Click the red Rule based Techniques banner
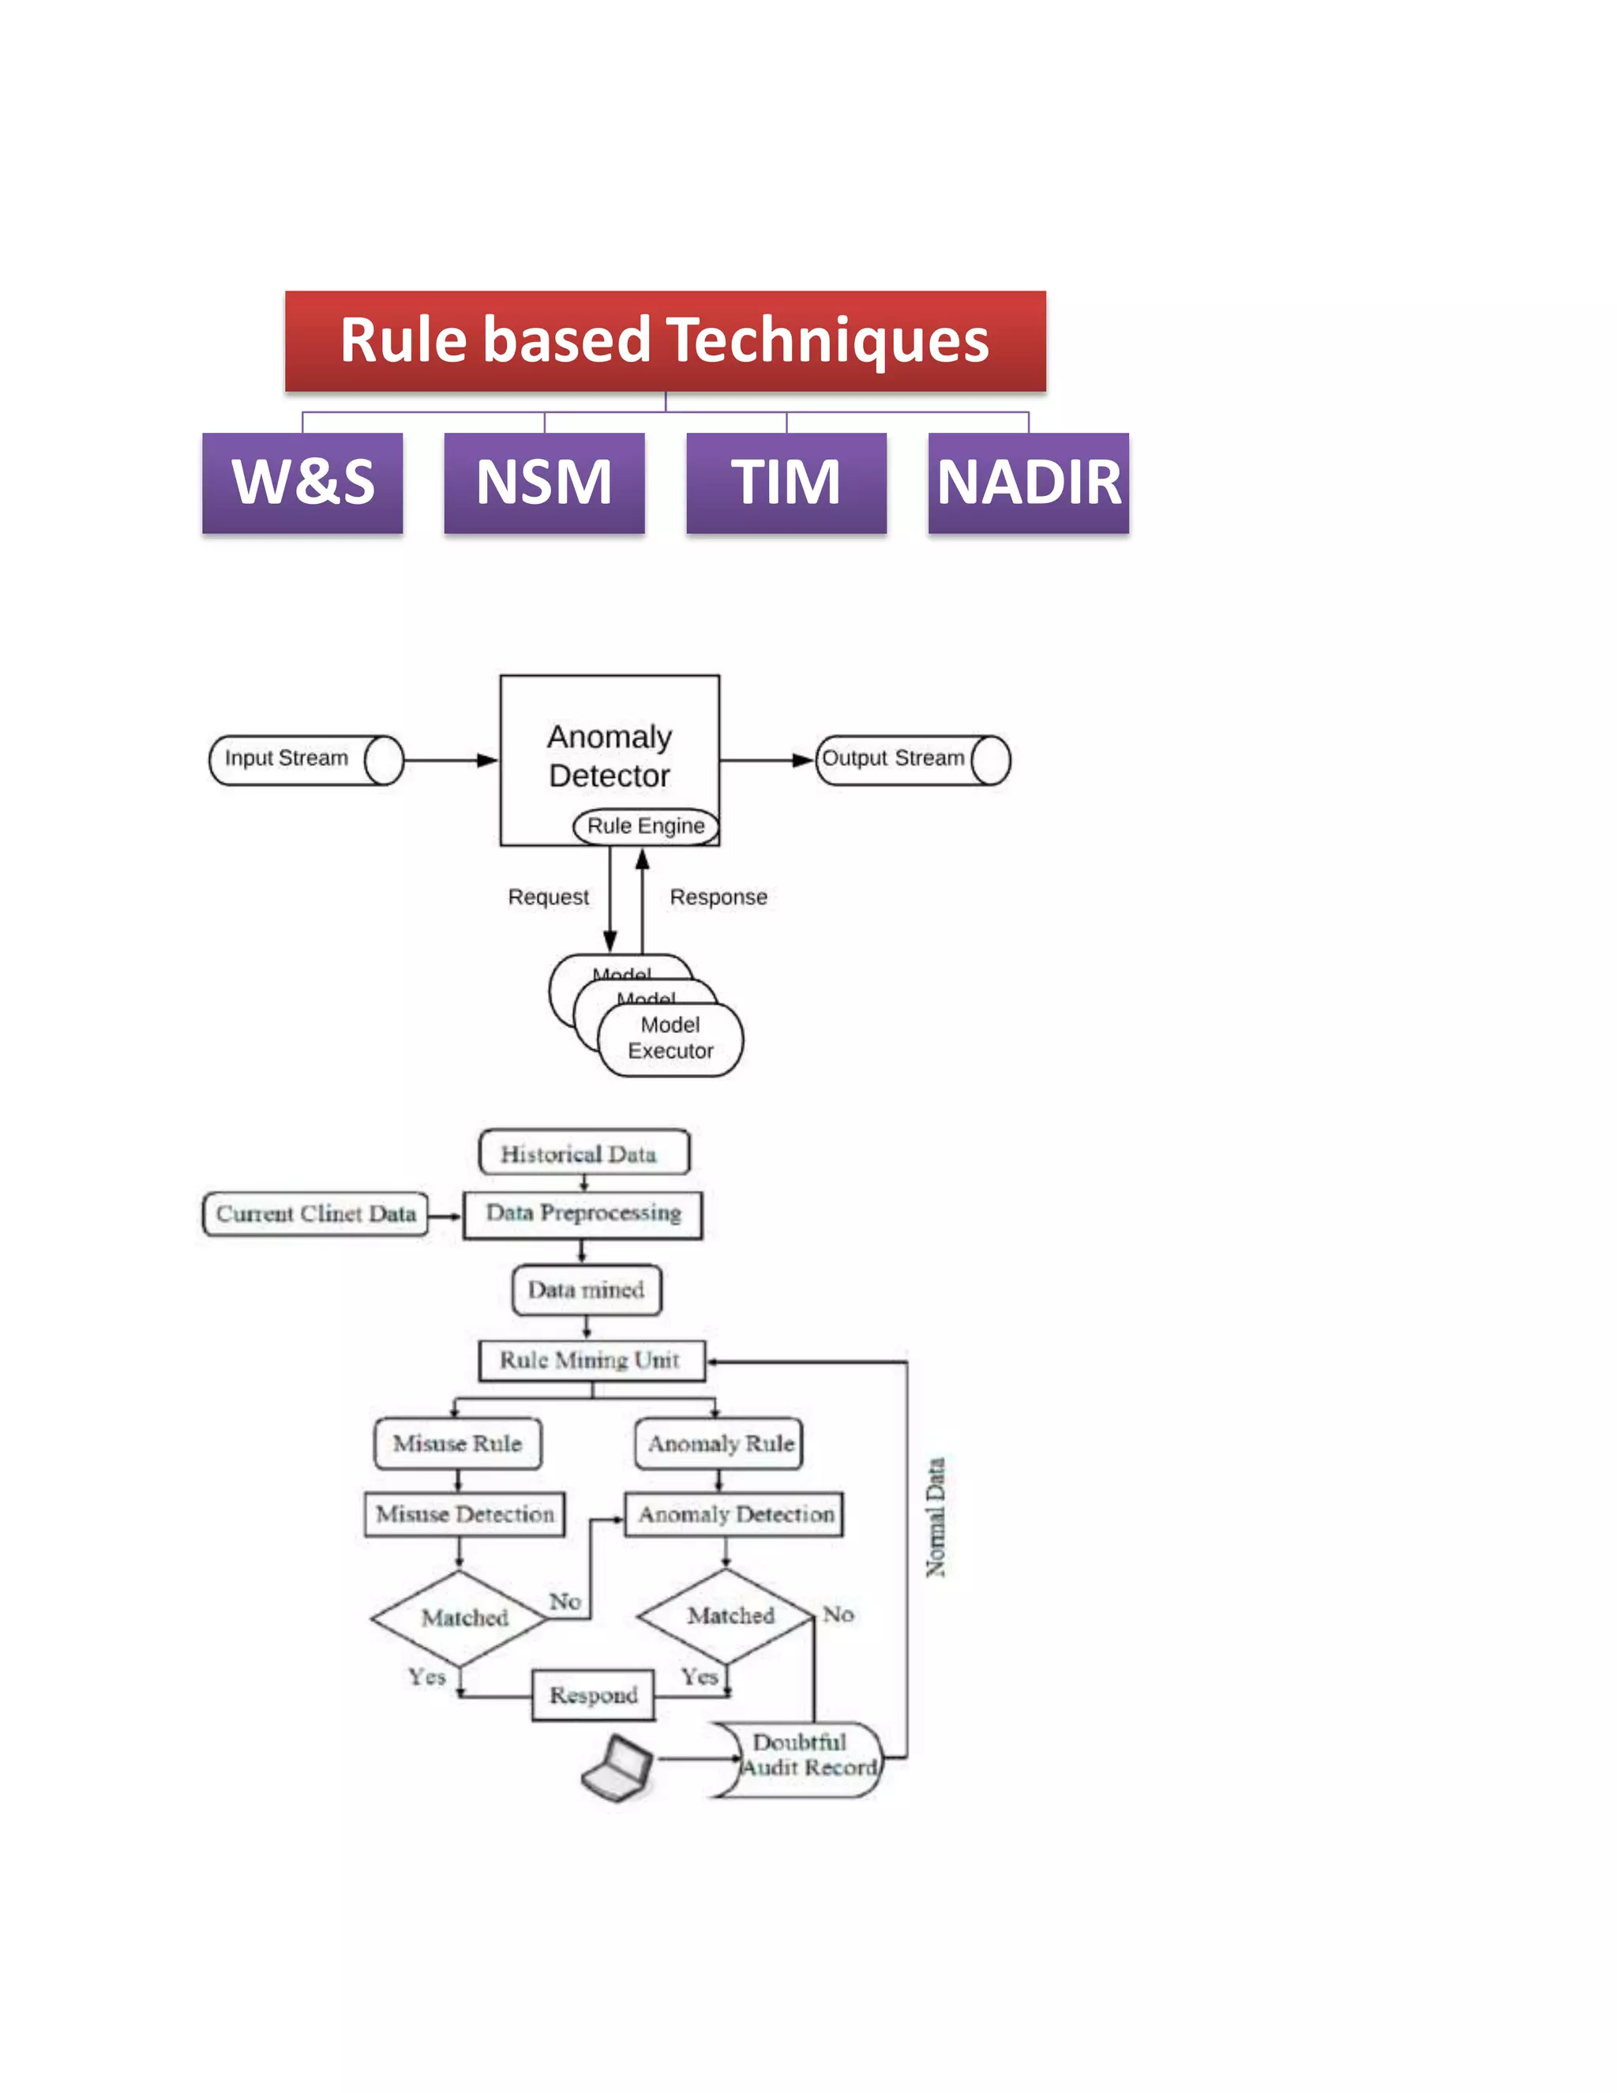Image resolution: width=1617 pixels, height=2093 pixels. (x=665, y=340)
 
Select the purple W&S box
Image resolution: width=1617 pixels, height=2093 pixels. (x=302, y=482)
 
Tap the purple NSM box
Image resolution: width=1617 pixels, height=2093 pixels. (x=544, y=482)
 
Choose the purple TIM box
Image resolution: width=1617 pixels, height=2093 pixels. (x=786, y=482)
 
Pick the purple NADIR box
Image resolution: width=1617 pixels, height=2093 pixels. (x=1028, y=482)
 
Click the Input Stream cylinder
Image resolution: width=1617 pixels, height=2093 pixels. (x=305, y=760)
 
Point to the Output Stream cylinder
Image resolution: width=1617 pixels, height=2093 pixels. (x=912, y=760)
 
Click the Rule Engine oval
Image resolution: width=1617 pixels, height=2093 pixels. (x=645, y=826)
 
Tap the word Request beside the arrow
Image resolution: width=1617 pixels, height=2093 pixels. (x=548, y=897)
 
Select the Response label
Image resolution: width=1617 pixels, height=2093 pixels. (x=718, y=897)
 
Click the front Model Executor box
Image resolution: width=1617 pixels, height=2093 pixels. (x=670, y=1039)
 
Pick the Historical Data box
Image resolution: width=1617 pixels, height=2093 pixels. (x=583, y=1153)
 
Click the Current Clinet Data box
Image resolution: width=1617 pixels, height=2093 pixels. (x=315, y=1214)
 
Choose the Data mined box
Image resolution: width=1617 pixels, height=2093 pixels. (x=587, y=1290)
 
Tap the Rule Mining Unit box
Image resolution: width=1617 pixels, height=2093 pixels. (x=591, y=1360)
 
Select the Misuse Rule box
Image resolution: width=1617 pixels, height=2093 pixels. (x=457, y=1443)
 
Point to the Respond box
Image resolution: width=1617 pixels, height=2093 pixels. (x=593, y=1694)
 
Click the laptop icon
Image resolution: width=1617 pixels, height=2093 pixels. (x=619, y=1766)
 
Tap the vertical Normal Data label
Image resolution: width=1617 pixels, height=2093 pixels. (x=936, y=1517)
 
